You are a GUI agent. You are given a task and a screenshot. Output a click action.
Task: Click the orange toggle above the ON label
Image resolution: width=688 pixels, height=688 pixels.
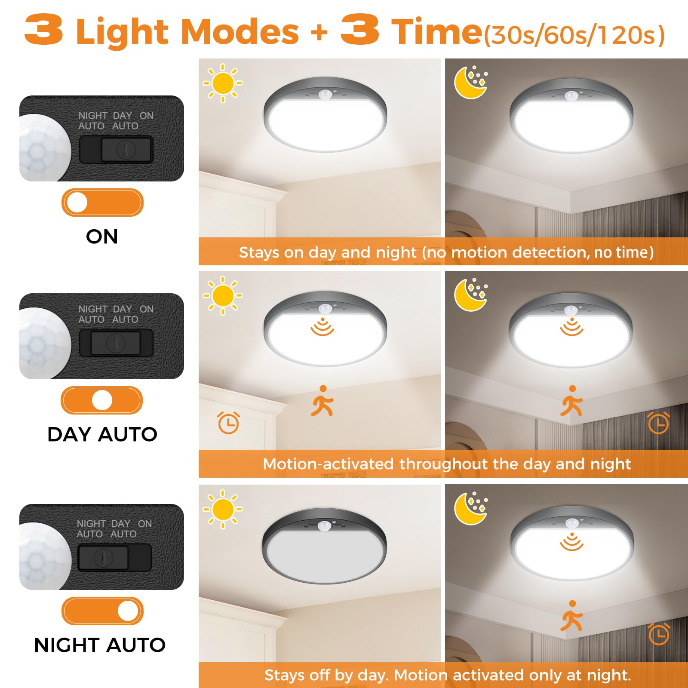pyautogui.click(x=102, y=203)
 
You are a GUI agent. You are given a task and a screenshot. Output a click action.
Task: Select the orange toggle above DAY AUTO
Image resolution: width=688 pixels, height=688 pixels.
pyautogui.click(x=101, y=400)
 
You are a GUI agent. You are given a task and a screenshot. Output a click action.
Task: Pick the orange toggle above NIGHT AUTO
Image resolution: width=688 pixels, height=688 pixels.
pyautogui.click(x=102, y=611)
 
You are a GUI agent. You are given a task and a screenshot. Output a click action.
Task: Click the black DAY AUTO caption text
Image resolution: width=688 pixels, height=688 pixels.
pyautogui.click(x=102, y=434)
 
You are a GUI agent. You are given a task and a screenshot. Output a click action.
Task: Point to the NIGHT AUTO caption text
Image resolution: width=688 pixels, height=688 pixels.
pyautogui.click(x=100, y=645)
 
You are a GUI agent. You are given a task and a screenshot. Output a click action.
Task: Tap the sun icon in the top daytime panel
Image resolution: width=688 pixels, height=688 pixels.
pyautogui.click(x=223, y=83)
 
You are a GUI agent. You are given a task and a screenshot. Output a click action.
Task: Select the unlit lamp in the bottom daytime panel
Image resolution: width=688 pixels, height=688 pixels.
pyautogui.click(x=324, y=546)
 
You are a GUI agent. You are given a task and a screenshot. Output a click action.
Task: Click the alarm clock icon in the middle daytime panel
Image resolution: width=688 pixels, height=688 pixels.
pyautogui.click(x=228, y=423)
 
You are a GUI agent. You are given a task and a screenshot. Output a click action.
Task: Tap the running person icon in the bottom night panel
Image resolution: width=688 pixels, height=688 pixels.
pyautogui.click(x=571, y=616)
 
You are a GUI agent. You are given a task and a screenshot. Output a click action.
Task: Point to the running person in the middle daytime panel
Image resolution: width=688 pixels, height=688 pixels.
pyautogui.click(x=322, y=401)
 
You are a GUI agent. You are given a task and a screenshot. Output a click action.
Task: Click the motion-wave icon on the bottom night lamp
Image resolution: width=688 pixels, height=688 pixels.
pyautogui.click(x=571, y=542)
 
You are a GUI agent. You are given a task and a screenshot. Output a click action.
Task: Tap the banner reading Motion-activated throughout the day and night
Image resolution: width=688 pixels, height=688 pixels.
pyautogui.click(x=446, y=464)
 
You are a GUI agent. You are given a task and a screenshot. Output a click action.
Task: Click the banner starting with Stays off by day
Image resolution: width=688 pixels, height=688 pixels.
pyautogui.click(x=447, y=675)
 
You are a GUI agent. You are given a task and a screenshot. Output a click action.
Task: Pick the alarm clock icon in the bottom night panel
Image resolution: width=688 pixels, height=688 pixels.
pyautogui.click(x=658, y=634)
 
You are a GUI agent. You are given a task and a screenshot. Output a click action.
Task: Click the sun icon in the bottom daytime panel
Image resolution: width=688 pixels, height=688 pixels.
pyautogui.click(x=223, y=509)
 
